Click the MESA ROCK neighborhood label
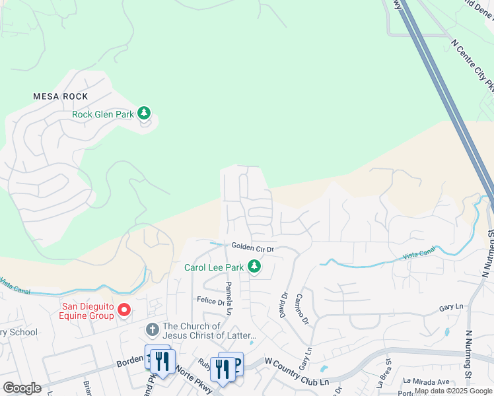[x=61, y=96]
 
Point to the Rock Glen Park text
[x=103, y=114]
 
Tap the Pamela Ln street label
[x=229, y=298]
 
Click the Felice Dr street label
[x=211, y=301]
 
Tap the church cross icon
[x=152, y=329]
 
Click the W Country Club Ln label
[x=297, y=362]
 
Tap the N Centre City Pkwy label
[x=473, y=66]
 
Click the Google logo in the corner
[x=22, y=388]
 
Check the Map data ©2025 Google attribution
[x=454, y=391]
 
